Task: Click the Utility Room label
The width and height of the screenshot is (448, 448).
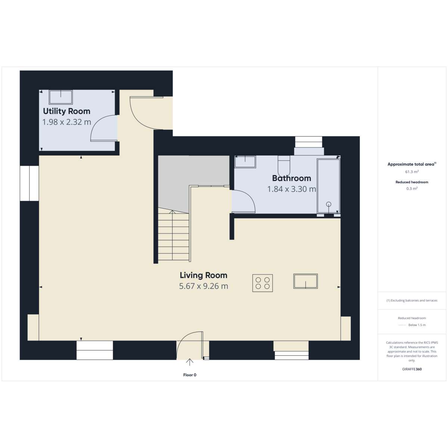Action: (66, 111)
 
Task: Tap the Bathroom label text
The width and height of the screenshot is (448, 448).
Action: (292, 178)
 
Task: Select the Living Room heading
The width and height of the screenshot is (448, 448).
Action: (203, 276)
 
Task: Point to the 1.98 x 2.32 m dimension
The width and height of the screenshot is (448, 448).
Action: (66, 122)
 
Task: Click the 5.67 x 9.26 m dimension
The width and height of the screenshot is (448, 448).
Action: (203, 286)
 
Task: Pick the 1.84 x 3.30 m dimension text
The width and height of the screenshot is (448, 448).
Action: (292, 189)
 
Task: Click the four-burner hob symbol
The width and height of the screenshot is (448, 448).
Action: (262, 283)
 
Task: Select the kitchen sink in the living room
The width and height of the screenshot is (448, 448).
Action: (305, 281)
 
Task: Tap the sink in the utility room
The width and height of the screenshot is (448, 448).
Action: (61, 97)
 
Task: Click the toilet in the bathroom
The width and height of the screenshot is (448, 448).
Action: (284, 165)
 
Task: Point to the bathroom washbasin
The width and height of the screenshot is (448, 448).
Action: (245, 161)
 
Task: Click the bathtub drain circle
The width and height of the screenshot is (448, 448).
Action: (329, 204)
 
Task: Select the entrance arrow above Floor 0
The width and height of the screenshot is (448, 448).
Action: (190, 362)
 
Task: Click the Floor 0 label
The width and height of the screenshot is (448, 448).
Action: (190, 375)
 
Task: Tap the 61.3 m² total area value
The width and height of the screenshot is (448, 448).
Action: (412, 172)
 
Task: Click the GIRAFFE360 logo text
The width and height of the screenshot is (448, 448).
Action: (412, 369)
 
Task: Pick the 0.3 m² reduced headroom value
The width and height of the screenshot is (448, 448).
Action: (412, 189)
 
